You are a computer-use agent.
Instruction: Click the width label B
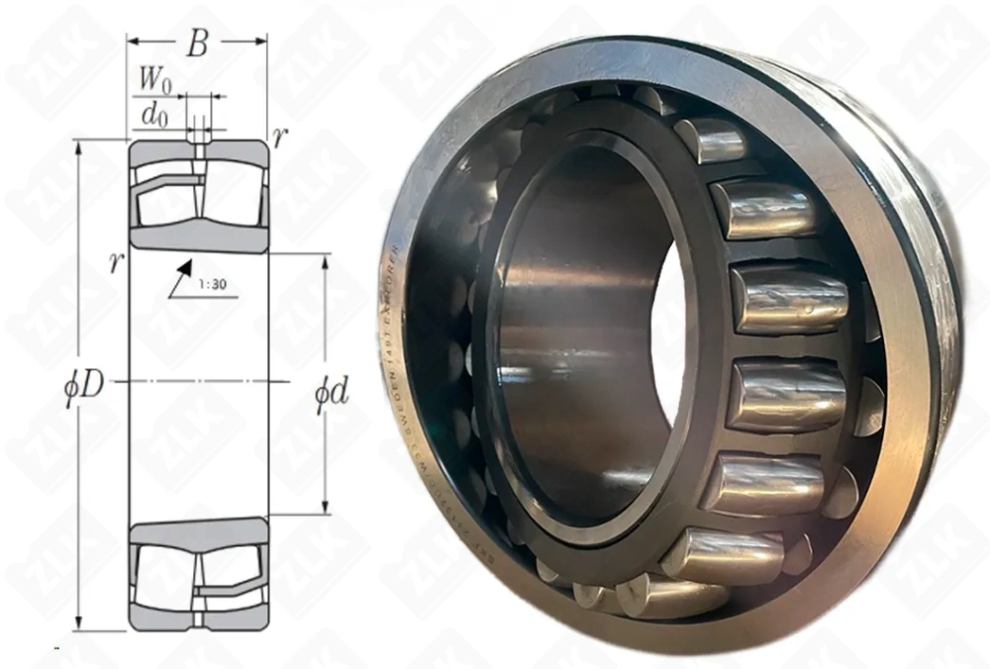click(x=198, y=45)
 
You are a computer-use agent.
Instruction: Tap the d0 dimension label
click(x=153, y=115)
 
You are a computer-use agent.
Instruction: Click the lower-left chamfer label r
click(x=117, y=261)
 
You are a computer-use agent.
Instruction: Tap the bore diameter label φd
click(x=331, y=392)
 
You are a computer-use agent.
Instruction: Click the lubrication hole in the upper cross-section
click(x=199, y=150)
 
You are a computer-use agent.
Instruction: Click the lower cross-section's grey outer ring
click(x=199, y=621)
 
